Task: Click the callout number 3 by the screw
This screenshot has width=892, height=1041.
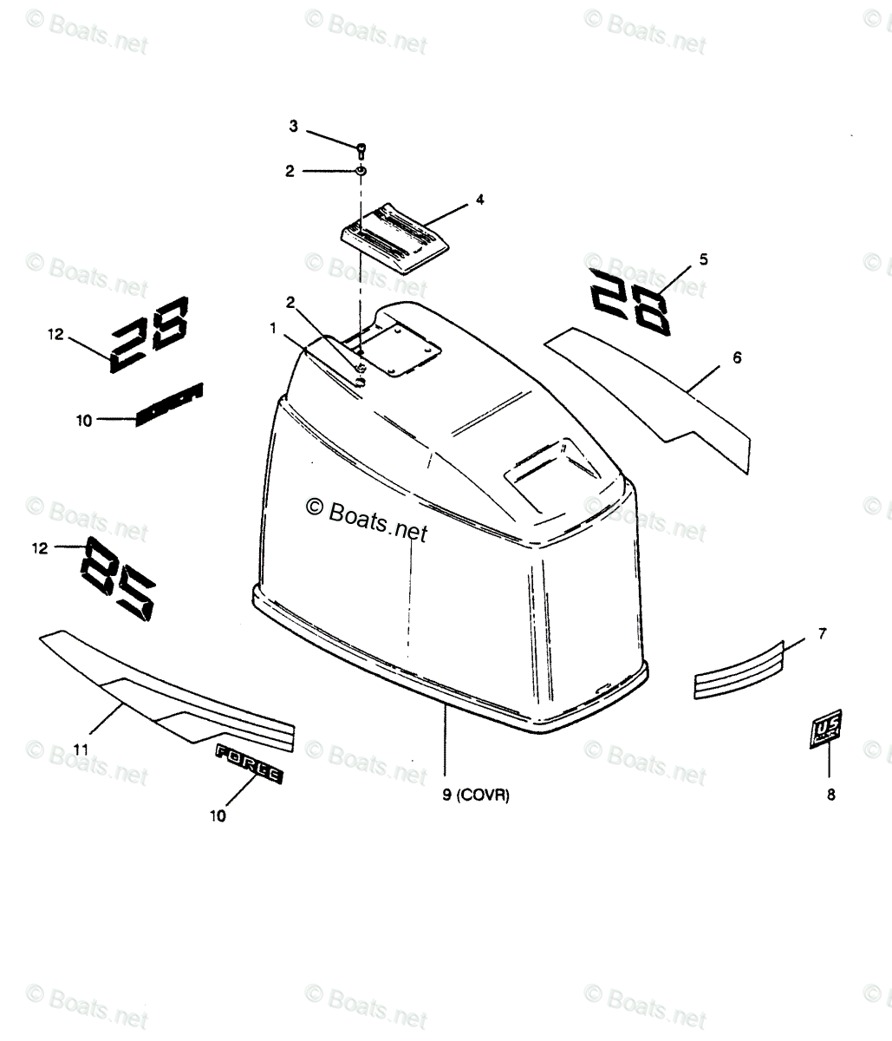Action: click(x=293, y=127)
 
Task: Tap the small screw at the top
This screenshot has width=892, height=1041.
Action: click(x=360, y=151)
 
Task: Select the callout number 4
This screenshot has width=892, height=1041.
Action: click(x=479, y=200)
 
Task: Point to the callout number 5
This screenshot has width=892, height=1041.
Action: click(x=703, y=259)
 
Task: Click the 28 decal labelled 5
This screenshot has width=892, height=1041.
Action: click(x=630, y=301)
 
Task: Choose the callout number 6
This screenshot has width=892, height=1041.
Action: click(x=737, y=357)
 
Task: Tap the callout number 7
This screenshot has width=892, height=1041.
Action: click(x=822, y=634)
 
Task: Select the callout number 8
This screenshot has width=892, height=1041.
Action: click(x=830, y=794)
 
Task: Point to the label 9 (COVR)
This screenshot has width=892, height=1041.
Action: click(x=475, y=795)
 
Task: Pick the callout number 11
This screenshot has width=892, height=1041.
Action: click(x=80, y=748)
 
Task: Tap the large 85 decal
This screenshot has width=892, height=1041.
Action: click(x=120, y=579)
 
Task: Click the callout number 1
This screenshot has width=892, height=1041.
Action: click(x=273, y=329)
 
